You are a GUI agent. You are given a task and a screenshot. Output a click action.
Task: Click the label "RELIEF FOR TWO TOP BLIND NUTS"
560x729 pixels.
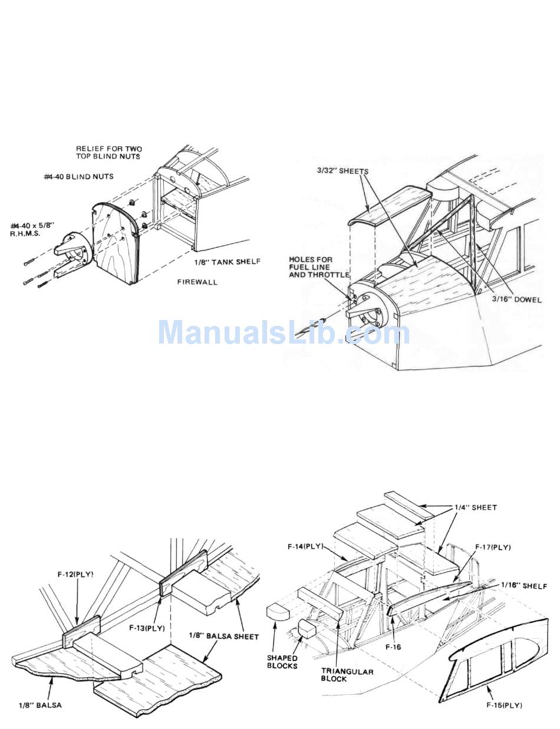coord(109,153)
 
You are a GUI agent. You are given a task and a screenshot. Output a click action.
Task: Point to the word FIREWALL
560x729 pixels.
coord(197,282)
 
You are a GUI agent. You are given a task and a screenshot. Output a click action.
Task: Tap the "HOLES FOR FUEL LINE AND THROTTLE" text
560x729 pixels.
coord(319,267)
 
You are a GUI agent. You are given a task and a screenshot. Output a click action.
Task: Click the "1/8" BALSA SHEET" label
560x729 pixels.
coord(224,636)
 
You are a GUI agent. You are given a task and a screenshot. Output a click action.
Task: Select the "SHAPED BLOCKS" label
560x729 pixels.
coord(281,662)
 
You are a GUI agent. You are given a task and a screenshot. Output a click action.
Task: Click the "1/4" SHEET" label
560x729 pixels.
coord(475,507)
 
